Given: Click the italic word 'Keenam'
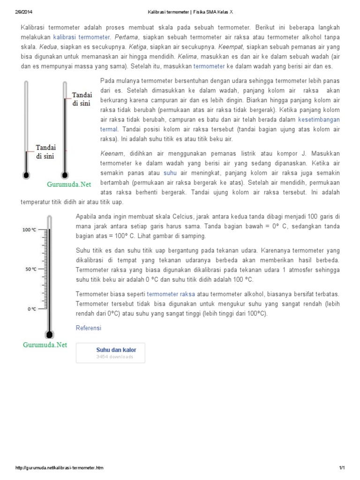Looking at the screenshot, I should click(x=111, y=154).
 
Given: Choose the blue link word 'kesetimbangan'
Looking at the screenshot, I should click(x=319, y=119).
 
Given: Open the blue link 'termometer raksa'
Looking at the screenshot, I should click(x=171, y=293).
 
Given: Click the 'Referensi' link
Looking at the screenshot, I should click(x=88, y=328).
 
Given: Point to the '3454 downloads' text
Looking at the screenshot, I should click(x=114, y=357).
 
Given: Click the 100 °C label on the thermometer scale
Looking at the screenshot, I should click(x=30, y=230).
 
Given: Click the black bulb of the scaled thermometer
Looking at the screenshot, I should click(x=49, y=334).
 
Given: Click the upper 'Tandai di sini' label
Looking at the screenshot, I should click(x=82, y=99).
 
